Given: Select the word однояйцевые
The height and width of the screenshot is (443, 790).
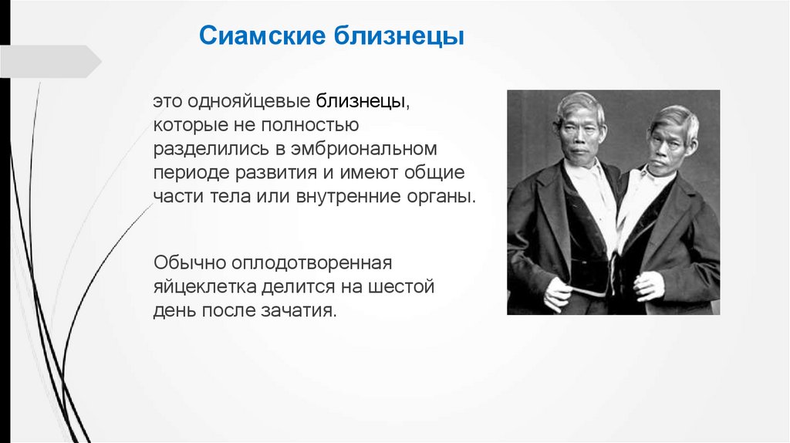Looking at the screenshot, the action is (x=248, y=101).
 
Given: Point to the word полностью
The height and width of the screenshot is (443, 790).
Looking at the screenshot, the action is (x=309, y=124).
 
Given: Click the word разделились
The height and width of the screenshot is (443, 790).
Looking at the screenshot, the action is (x=211, y=149).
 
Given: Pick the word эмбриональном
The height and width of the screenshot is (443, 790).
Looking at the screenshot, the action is (x=363, y=149).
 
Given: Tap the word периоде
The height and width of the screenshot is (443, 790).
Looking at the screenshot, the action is (x=191, y=172).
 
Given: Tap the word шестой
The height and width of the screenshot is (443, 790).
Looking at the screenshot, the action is (x=400, y=287).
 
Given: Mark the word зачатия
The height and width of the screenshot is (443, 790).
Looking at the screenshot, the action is (x=299, y=310).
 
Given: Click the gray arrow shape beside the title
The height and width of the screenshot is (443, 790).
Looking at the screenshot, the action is (x=50, y=62).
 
